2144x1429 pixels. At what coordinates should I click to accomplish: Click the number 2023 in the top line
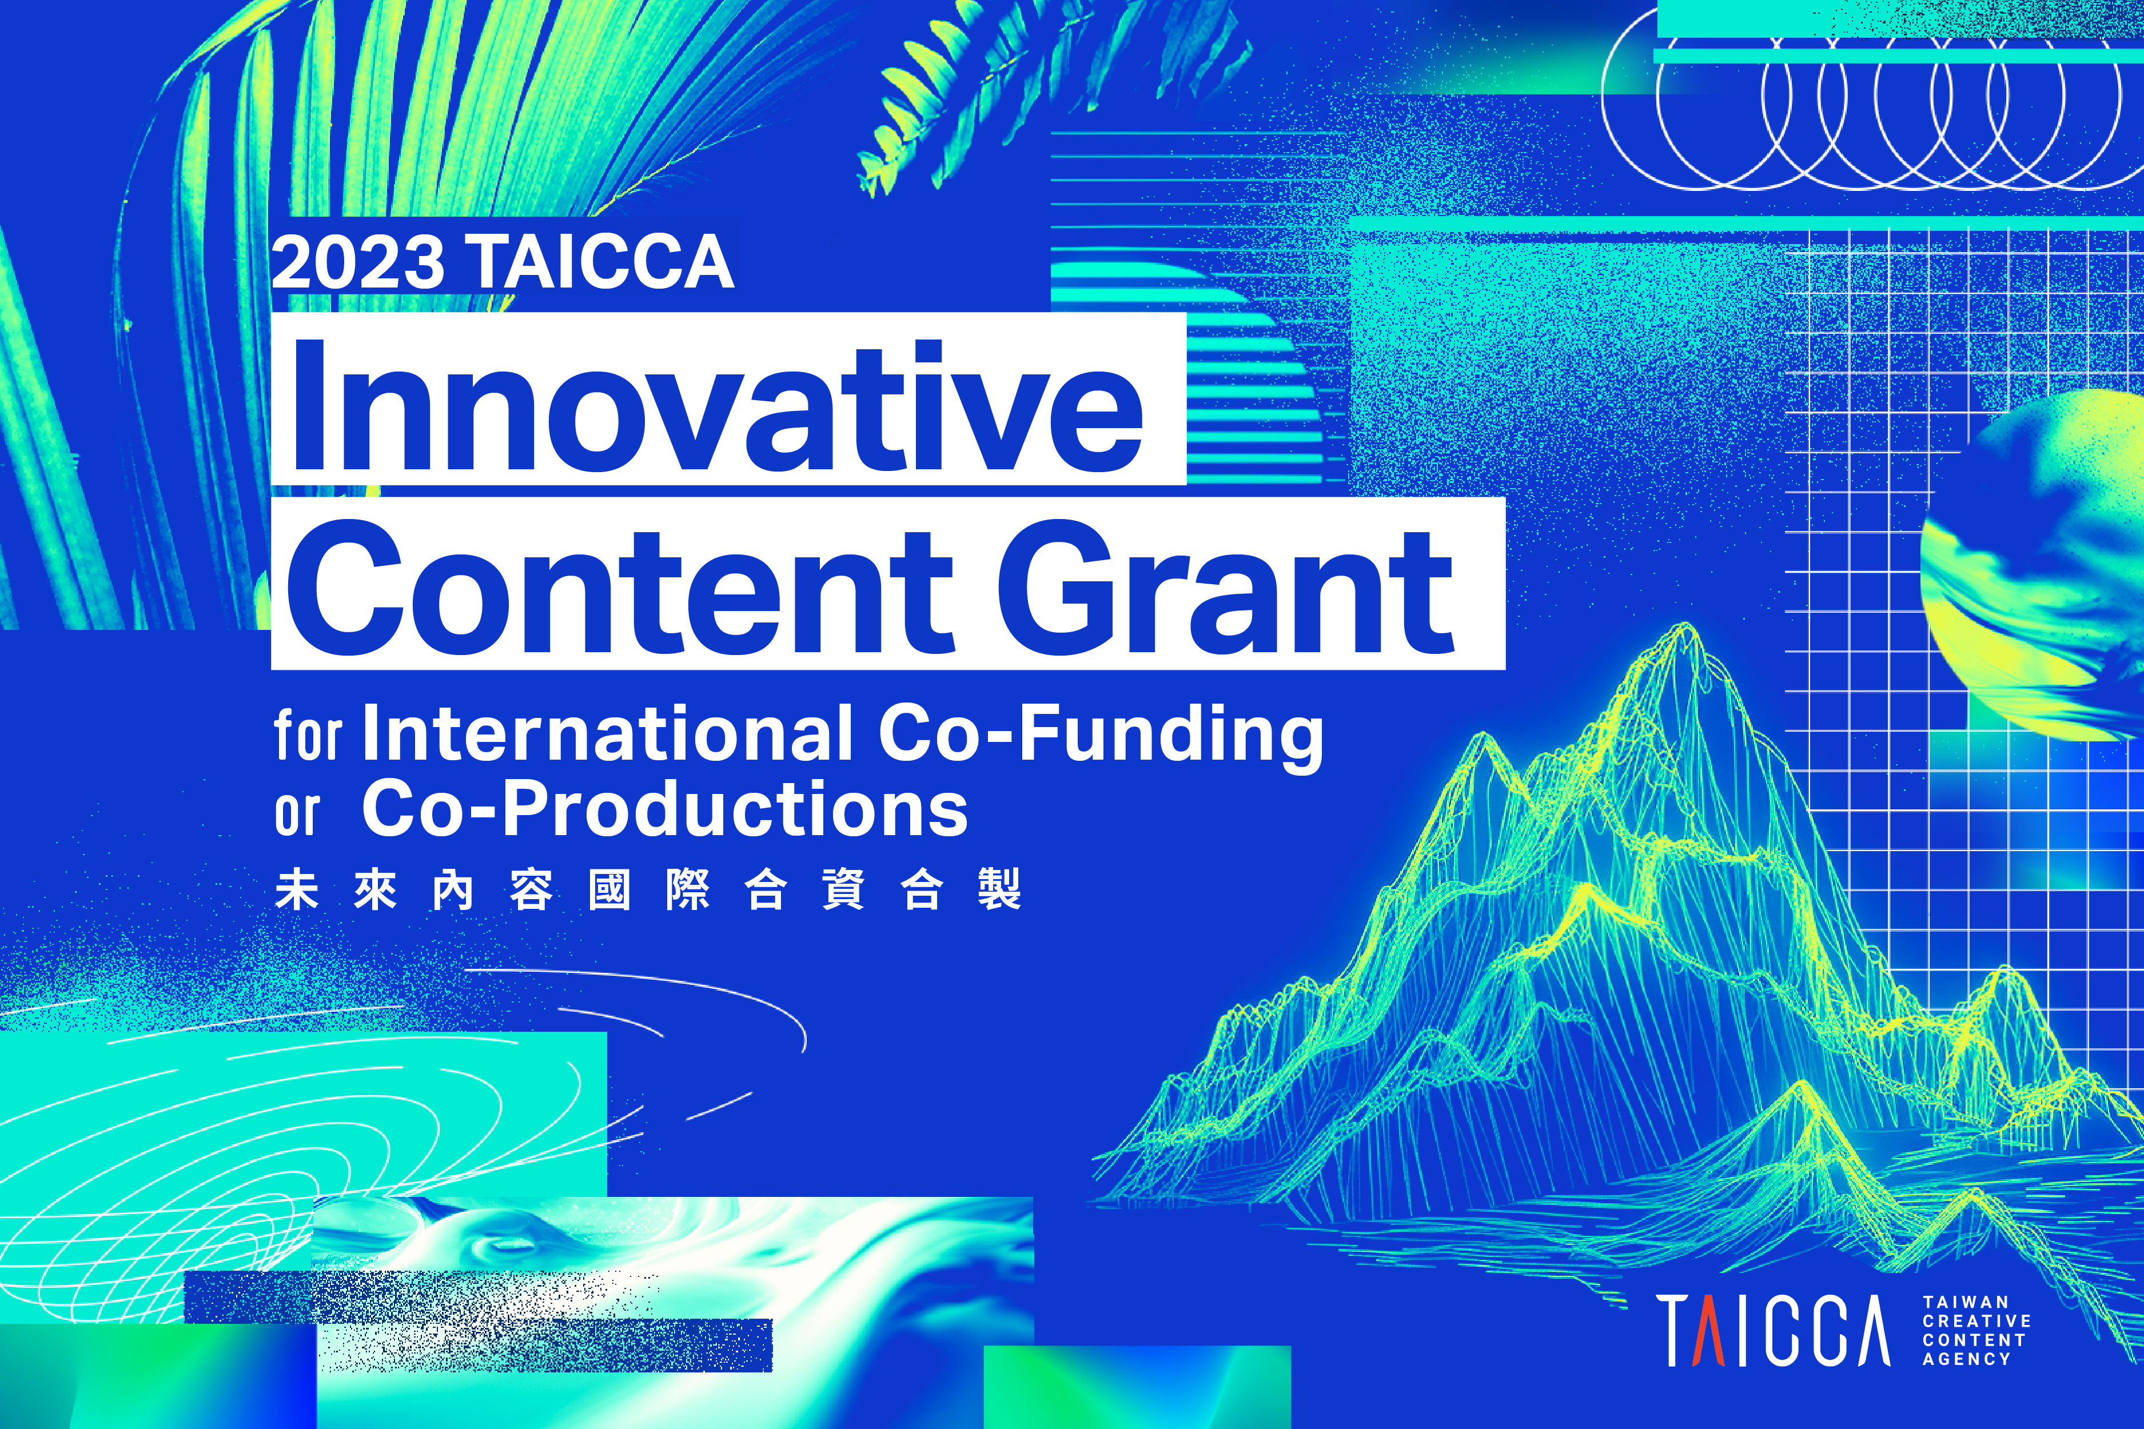[358, 262]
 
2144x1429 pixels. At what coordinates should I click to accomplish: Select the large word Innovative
[716, 406]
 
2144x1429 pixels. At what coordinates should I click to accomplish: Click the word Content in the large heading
[621, 587]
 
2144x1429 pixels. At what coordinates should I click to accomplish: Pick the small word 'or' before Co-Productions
[297, 814]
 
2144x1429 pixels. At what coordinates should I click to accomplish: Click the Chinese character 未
[297, 889]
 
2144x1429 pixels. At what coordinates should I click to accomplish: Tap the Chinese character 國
[609, 889]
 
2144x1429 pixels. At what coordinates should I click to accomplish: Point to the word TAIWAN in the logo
[1966, 1302]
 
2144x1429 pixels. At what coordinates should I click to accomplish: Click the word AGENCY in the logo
[1966, 1359]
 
